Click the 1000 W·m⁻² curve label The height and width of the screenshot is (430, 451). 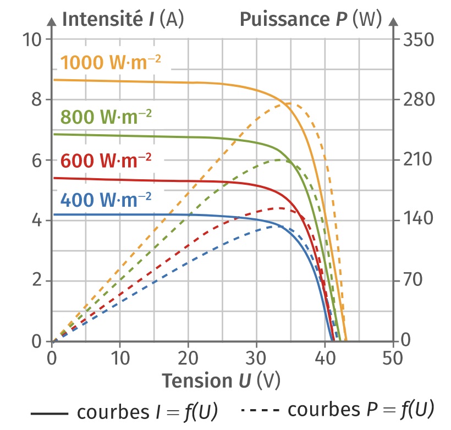pyautogui.click(x=111, y=62)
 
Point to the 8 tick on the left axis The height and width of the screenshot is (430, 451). pyautogui.click(x=37, y=100)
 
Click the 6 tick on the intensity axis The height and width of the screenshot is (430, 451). pyautogui.click(x=37, y=160)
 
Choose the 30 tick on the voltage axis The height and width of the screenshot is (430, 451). pyautogui.click(x=256, y=357)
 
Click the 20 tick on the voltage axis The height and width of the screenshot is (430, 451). pyautogui.click(x=188, y=357)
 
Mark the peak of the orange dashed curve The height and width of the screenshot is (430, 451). pyautogui.click(x=291, y=103)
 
